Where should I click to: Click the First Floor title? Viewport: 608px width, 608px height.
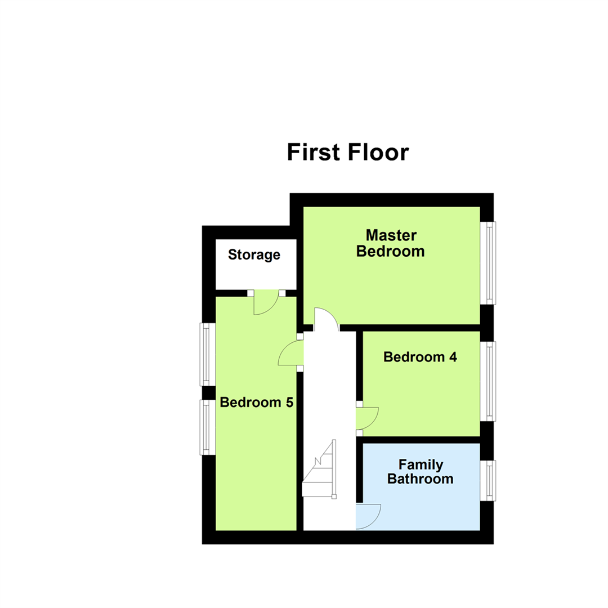tap(347, 152)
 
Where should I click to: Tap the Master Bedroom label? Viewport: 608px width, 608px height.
tap(390, 243)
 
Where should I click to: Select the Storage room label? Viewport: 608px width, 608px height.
tap(254, 255)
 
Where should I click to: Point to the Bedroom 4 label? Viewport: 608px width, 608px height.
tap(420, 357)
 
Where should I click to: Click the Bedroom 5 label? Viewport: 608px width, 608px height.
tap(257, 403)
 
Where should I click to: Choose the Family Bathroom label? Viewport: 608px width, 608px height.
tap(421, 472)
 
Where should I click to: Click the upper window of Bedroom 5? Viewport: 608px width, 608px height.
tap(207, 354)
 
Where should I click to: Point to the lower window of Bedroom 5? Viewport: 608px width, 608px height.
tap(207, 427)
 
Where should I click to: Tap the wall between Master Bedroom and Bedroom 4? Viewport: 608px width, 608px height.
tap(410, 328)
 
